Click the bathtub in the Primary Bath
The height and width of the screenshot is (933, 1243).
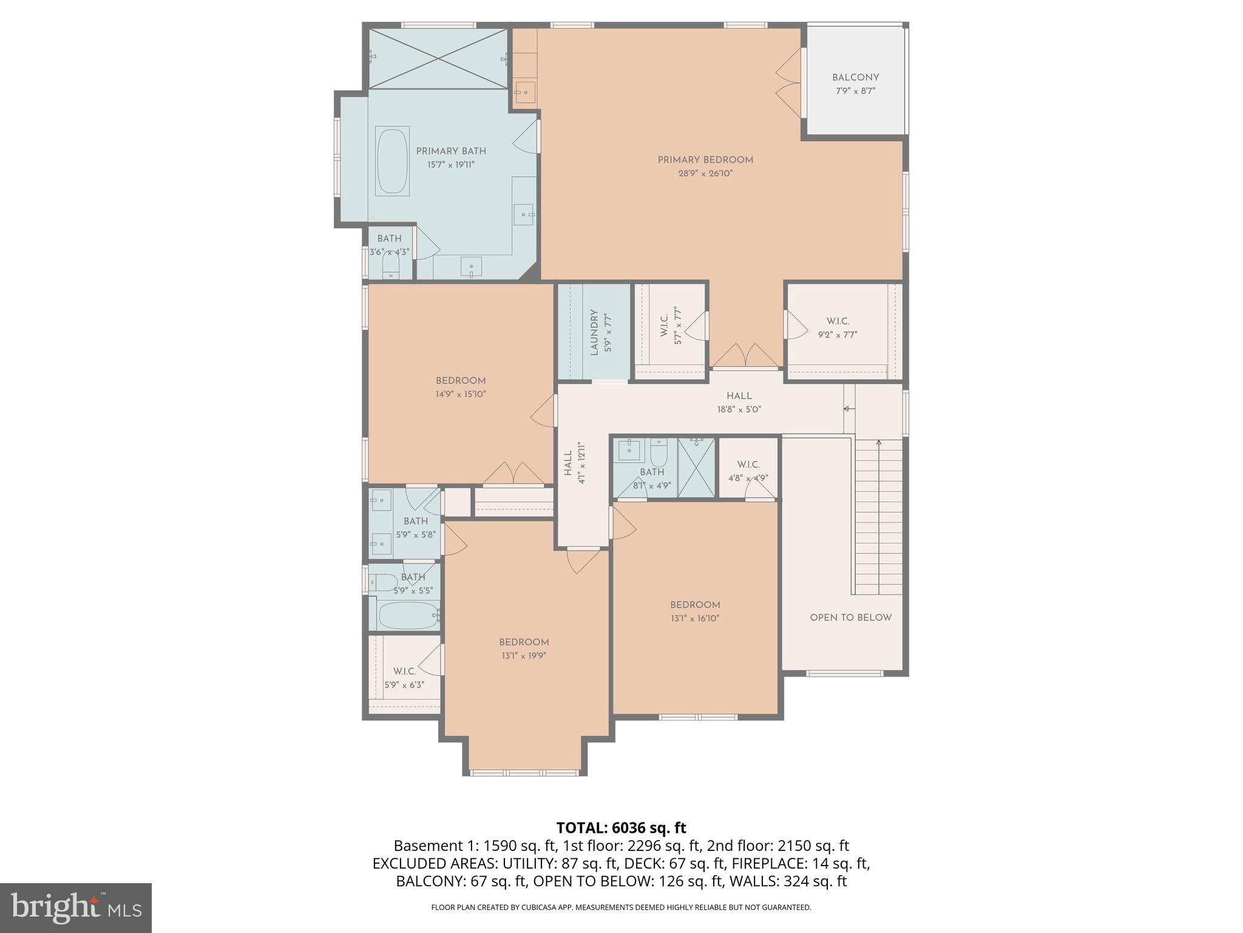click(x=392, y=161)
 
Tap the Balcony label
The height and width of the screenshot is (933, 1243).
click(x=855, y=78)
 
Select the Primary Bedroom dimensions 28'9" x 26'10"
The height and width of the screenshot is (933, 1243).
click(x=705, y=174)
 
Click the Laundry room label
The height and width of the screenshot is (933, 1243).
click(x=594, y=332)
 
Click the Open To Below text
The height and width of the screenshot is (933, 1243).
click(x=850, y=618)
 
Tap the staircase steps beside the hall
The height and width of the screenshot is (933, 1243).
click(x=879, y=516)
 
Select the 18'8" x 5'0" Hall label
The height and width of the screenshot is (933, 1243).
click(x=739, y=403)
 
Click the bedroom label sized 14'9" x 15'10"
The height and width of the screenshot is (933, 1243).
click(x=461, y=388)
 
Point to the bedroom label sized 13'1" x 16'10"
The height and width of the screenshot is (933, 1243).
click(x=695, y=612)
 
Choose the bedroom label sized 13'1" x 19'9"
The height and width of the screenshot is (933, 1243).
click(x=524, y=649)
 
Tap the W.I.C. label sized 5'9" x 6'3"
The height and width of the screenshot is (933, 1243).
click(x=404, y=678)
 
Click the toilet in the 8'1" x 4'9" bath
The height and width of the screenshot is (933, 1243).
click(x=659, y=453)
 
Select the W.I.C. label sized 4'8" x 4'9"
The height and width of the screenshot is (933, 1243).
click(x=748, y=471)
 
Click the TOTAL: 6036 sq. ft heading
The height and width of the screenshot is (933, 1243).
click(x=621, y=828)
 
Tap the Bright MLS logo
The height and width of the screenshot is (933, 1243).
click(x=76, y=907)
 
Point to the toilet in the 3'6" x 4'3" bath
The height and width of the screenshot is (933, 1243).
click(x=390, y=265)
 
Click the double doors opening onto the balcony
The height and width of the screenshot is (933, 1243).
click(x=789, y=83)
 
